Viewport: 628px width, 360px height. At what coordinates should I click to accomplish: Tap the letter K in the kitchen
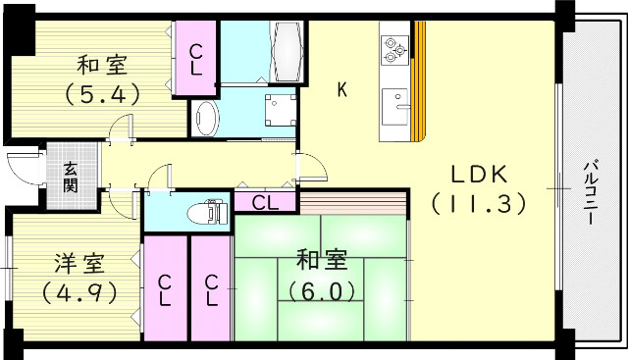click(341, 90)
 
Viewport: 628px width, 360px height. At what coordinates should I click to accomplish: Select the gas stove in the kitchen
click(394, 49)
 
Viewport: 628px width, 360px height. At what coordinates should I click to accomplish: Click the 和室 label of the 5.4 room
click(101, 67)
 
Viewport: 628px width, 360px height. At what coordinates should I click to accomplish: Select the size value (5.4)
click(101, 95)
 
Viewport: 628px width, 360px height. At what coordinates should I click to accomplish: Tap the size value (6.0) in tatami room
click(321, 291)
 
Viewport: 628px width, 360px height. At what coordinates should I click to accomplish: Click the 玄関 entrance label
click(72, 178)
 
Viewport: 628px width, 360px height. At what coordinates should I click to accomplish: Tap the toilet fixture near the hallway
click(206, 212)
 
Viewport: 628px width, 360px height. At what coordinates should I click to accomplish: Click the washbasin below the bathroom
click(206, 119)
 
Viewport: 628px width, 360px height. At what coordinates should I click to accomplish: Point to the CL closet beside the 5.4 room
click(196, 58)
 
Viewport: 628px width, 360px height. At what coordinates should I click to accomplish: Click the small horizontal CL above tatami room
click(265, 203)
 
